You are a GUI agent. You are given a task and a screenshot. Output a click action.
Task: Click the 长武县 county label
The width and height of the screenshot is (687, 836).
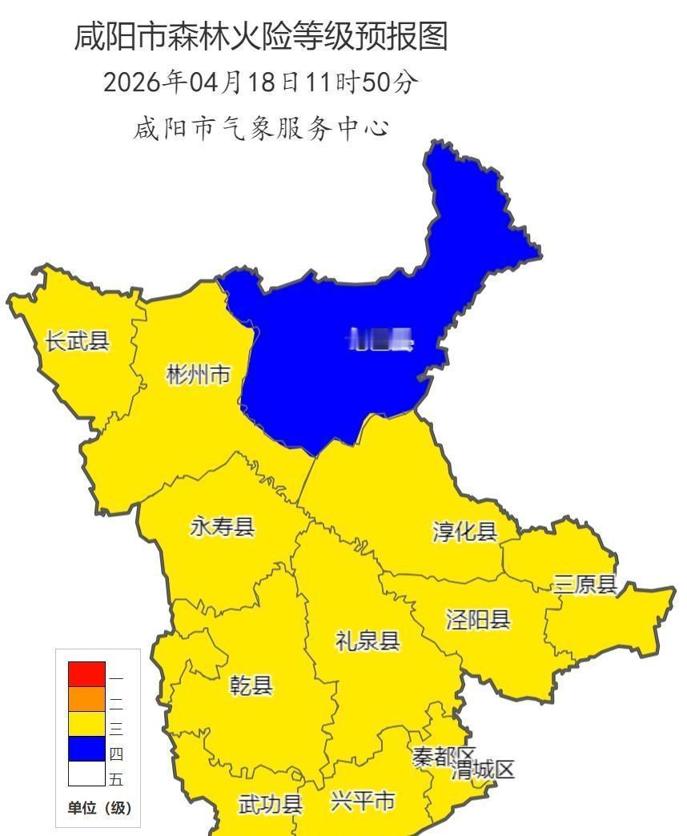point(77,341)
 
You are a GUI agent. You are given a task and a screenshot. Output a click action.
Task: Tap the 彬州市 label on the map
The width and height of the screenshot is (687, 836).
point(199,374)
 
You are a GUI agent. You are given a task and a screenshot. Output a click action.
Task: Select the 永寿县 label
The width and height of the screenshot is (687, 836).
point(222,527)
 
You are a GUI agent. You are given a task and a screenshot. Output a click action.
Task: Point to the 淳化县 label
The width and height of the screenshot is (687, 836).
point(465,532)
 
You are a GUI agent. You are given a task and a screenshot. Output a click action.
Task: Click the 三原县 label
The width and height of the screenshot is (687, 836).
point(585,585)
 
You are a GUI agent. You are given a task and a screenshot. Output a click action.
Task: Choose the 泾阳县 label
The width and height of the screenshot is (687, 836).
point(478,619)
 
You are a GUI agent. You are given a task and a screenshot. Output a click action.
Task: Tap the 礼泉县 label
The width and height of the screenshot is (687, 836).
point(368,641)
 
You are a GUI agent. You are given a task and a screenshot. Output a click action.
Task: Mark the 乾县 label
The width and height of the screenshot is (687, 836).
point(251,685)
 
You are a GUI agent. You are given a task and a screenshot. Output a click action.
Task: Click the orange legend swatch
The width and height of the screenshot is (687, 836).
point(86,699)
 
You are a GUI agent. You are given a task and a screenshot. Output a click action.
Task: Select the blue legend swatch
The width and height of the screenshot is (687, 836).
point(86,749)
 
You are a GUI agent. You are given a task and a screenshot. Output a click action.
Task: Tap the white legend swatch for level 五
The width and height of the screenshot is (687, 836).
point(86,774)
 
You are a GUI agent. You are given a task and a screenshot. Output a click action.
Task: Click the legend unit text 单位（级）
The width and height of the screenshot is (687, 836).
point(98,808)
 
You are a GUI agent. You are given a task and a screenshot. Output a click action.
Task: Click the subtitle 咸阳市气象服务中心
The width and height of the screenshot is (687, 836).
point(261,128)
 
